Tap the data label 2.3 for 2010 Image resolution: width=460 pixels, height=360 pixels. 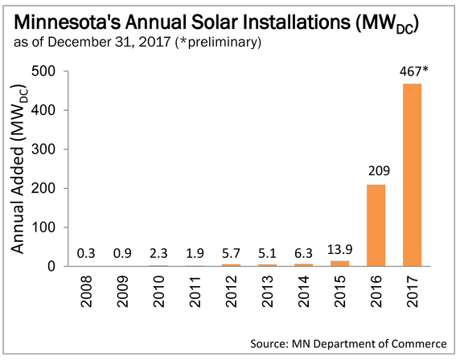[x=158, y=254]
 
